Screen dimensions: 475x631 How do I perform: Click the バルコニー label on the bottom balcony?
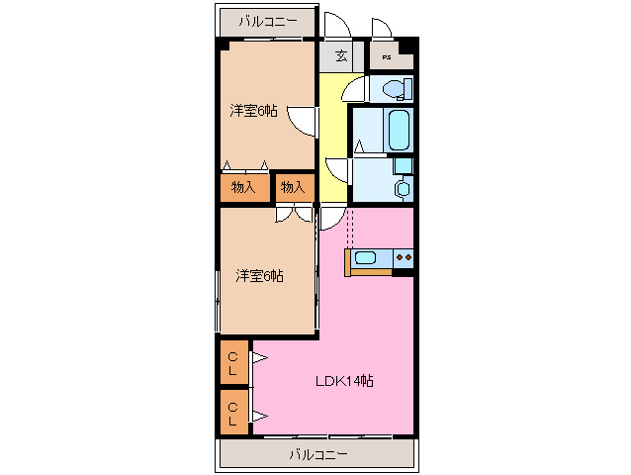[318, 454]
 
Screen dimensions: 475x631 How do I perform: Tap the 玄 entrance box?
[340, 55]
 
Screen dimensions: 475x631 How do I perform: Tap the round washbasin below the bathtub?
[402, 187]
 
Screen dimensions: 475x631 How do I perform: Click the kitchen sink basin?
[365, 259]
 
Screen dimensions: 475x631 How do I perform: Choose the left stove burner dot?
[399, 259]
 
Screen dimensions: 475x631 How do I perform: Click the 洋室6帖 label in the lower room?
[259, 276]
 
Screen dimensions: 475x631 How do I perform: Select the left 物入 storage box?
[243, 186]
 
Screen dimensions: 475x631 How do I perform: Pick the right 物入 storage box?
[293, 186]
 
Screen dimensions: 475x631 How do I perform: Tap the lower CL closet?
[234, 412]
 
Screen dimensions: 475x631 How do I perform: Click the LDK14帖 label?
[343, 381]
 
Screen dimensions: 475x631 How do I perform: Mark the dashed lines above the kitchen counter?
[348, 228]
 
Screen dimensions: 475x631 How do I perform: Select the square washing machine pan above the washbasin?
[402, 164]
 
